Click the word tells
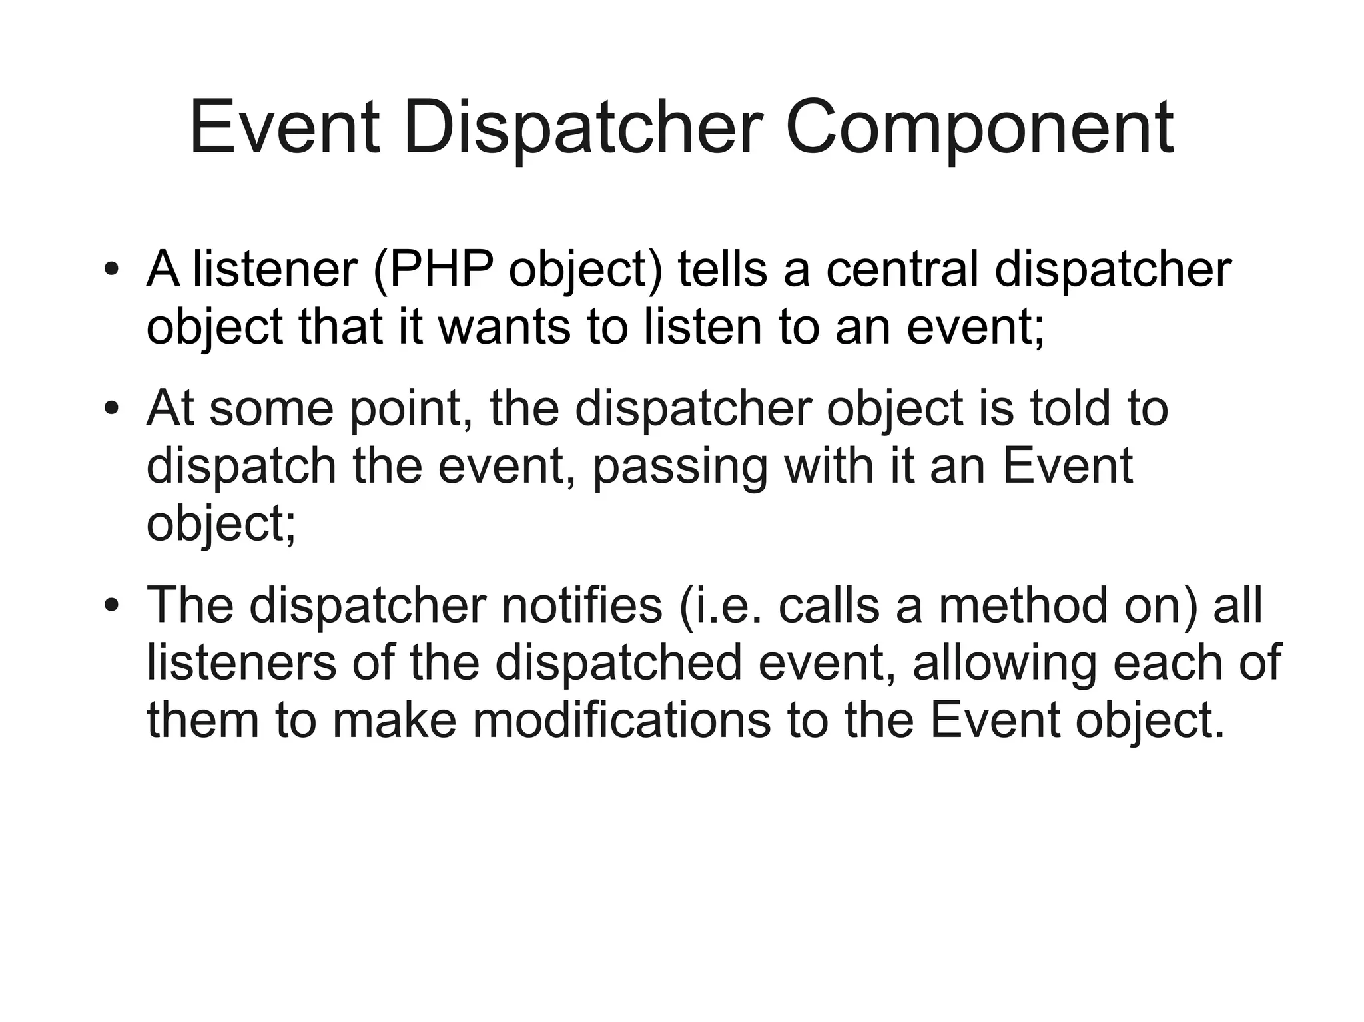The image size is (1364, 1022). point(722,269)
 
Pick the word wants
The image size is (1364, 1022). point(504,327)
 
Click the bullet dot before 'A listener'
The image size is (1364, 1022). point(111,270)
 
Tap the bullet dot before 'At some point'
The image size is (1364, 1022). point(111,408)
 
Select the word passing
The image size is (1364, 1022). point(680,466)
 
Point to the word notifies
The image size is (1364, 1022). point(581,605)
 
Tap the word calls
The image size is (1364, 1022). point(829,605)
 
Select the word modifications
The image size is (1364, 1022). point(621,720)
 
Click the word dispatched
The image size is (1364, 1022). point(618,662)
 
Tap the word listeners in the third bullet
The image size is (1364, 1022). point(241,662)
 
